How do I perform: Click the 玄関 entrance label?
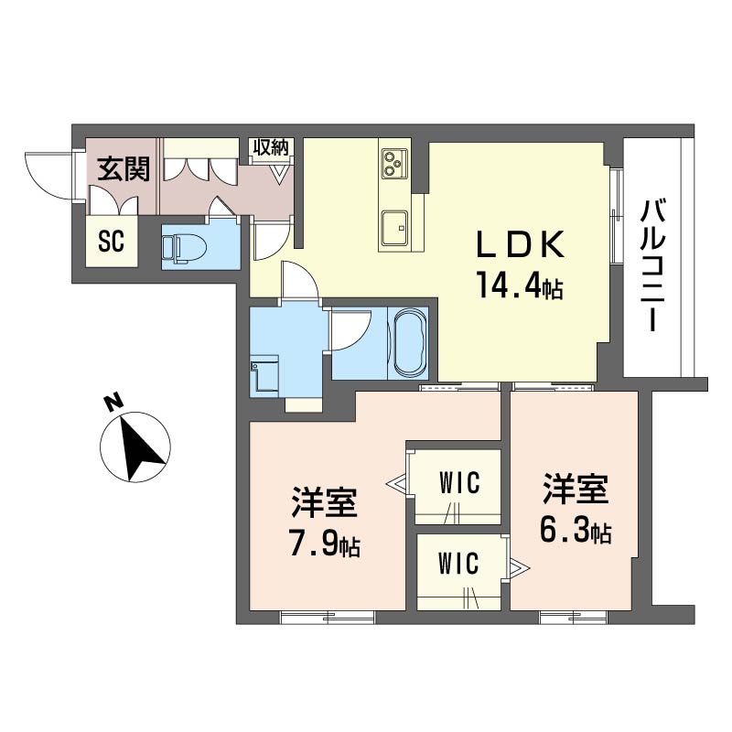[x=124, y=169]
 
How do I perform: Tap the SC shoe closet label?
[x=112, y=242]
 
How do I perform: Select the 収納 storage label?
[x=271, y=147]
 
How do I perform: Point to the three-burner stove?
[x=394, y=164]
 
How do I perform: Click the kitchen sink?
[x=394, y=227]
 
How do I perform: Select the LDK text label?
[x=520, y=245]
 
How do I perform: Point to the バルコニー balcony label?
[x=654, y=265]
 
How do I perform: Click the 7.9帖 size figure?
[x=325, y=544]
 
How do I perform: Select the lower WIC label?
[x=458, y=563]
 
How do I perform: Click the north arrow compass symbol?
[x=135, y=447]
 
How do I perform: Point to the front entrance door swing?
[x=48, y=175]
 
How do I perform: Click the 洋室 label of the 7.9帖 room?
[x=325, y=502]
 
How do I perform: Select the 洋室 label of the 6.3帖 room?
[x=576, y=489]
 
